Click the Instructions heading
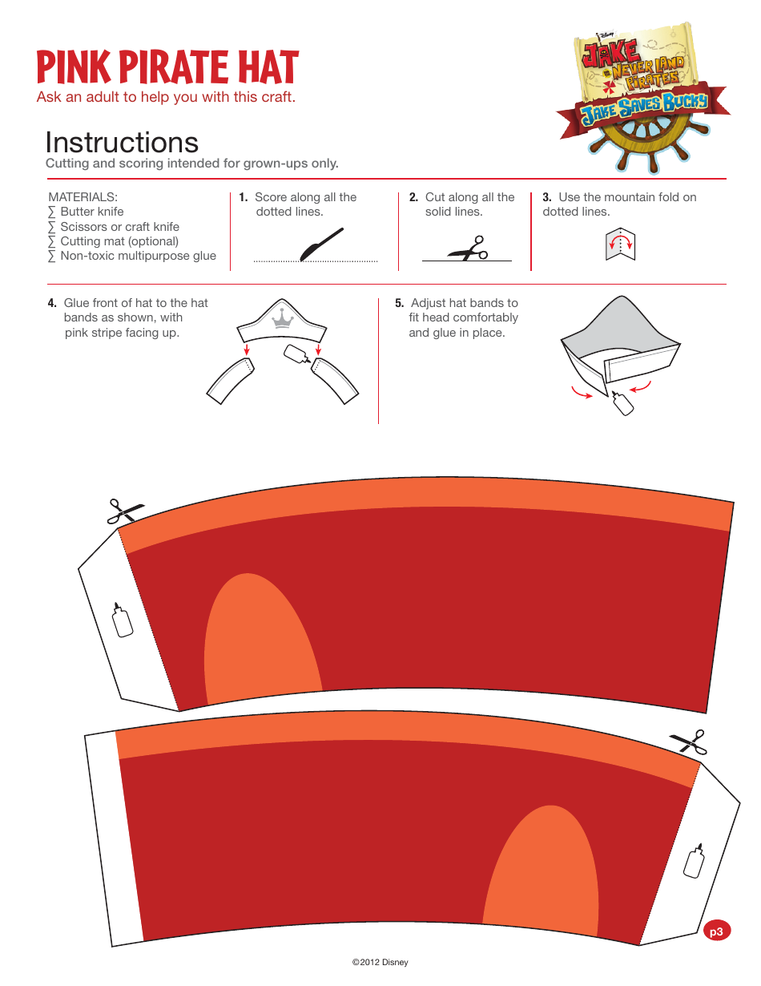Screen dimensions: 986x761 [x=122, y=143]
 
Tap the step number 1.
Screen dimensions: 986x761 [x=244, y=197]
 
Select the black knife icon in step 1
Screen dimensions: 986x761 [x=321, y=244]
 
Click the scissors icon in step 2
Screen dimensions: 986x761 [x=469, y=249]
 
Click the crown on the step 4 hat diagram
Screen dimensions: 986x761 [x=282, y=318]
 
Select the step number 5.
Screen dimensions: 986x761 [x=399, y=303]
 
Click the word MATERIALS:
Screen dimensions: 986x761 [x=83, y=197]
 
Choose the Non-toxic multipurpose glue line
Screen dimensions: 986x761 [x=132, y=256]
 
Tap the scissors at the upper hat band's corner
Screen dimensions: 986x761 [x=126, y=511]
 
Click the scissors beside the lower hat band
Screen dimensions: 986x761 [x=690, y=742]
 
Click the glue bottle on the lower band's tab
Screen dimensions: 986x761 [x=695, y=861]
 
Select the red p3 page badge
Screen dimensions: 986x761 [x=716, y=931]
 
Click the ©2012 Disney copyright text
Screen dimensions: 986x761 [x=380, y=962]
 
